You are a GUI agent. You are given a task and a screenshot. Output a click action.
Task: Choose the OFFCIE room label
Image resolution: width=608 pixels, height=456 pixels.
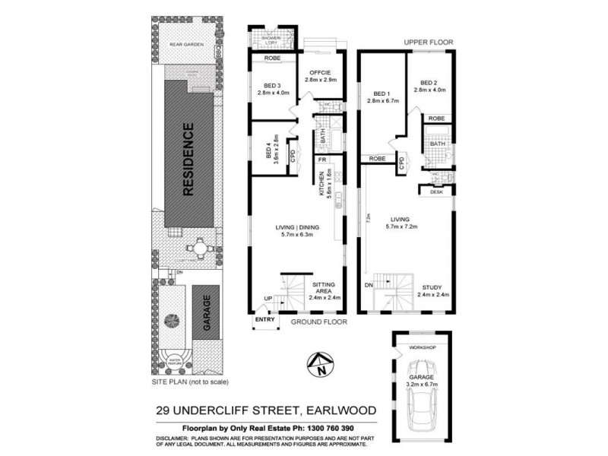tap(319, 73)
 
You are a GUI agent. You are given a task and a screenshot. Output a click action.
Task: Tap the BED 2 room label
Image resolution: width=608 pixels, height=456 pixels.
tap(429, 83)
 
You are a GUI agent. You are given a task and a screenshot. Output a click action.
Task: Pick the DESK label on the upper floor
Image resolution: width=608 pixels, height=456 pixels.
tap(436, 192)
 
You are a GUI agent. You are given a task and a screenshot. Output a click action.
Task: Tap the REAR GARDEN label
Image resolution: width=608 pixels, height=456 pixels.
tap(185, 45)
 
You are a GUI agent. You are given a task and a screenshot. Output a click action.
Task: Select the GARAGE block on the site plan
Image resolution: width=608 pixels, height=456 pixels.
tap(205, 311)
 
